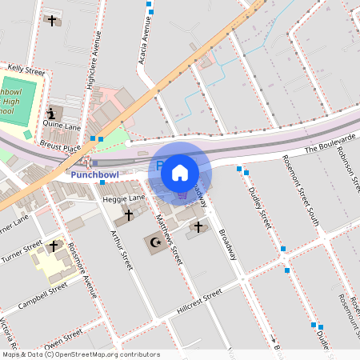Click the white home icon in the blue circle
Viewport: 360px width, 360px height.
(180, 171)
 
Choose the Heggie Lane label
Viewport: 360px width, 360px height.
(123, 198)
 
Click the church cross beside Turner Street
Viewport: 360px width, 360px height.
(54, 246)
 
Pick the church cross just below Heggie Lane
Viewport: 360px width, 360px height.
(128, 215)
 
